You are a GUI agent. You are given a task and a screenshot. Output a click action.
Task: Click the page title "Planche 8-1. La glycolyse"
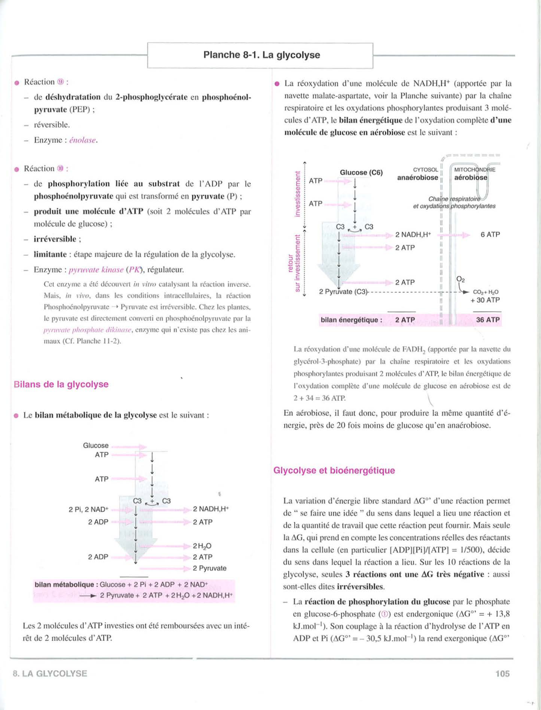pos(261,55)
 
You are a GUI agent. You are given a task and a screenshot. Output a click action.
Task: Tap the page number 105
pos(502,674)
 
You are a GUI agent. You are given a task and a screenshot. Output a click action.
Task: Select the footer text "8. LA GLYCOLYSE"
pos(50,674)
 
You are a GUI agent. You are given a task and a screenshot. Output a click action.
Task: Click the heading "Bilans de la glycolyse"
pos(61,384)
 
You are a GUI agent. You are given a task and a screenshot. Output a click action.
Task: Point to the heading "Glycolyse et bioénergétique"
pos(334,471)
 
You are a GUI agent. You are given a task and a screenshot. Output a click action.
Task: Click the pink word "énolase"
pos(83,140)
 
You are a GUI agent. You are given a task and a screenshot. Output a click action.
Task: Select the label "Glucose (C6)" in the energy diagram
pos(361,173)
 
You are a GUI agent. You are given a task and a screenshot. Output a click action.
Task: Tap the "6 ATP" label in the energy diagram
pos(490,235)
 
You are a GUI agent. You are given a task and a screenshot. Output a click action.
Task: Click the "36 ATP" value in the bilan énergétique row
pos(487,320)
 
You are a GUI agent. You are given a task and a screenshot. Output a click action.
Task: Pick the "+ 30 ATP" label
pos(485,300)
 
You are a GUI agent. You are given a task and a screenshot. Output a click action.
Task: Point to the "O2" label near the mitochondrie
pos(461,280)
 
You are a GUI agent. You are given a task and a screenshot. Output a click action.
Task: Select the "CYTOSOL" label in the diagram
pos(426,170)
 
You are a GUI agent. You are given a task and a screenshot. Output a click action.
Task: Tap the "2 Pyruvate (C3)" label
pos(343,292)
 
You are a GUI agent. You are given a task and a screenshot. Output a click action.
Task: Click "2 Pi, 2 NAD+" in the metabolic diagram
pos(89,509)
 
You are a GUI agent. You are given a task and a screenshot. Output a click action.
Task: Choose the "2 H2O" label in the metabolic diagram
pos(202,546)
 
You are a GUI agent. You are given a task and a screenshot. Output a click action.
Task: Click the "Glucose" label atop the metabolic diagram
pos(96,446)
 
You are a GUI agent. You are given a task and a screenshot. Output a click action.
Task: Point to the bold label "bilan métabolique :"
pos(66,585)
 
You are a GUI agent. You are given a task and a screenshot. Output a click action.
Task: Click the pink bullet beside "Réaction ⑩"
pos(16,169)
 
